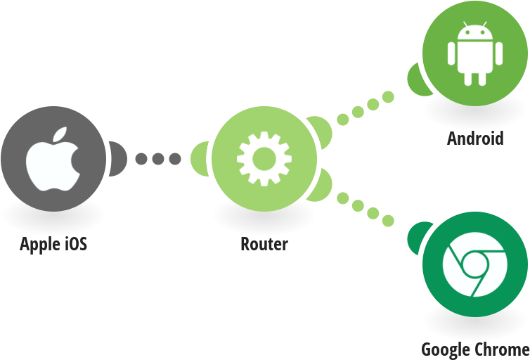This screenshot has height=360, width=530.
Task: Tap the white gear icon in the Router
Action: click(264, 159)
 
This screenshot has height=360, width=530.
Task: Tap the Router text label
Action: click(264, 245)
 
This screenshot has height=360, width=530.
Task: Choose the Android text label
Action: click(476, 138)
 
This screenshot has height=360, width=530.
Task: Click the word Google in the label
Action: click(444, 349)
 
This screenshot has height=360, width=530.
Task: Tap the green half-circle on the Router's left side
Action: click(200, 159)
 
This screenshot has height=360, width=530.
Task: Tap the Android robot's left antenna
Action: click(465, 27)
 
